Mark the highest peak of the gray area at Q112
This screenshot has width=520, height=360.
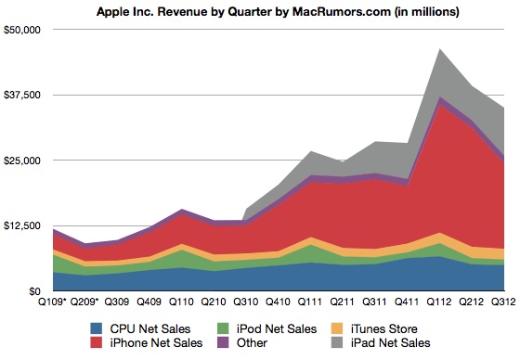[x=439, y=50]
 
